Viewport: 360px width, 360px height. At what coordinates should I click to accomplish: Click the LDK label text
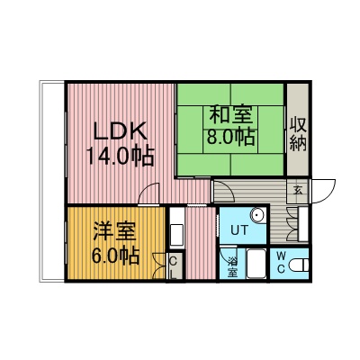[121, 131]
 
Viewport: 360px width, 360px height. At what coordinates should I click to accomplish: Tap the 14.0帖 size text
[121, 156]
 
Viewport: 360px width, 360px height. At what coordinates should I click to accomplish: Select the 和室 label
[230, 114]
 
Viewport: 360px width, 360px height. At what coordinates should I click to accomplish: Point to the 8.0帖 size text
[230, 137]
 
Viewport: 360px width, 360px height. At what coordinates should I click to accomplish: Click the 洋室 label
[114, 231]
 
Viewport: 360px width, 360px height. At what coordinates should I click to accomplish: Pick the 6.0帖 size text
[115, 256]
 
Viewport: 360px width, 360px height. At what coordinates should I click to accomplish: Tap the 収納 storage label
[298, 134]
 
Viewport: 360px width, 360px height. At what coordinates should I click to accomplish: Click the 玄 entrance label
[298, 191]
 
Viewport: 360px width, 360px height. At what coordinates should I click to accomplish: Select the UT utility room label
[239, 230]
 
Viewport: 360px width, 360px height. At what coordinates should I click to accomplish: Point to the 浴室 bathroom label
[231, 266]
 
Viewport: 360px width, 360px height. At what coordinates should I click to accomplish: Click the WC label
[281, 262]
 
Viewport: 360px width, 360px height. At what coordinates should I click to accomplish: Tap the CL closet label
[174, 267]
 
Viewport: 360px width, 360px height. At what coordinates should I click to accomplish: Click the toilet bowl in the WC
[299, 265]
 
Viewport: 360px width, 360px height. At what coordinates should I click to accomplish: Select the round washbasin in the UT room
[257, 215]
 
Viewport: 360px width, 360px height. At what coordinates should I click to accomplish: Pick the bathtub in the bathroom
[256, 264]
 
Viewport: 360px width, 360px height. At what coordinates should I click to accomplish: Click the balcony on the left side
[52, 182]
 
